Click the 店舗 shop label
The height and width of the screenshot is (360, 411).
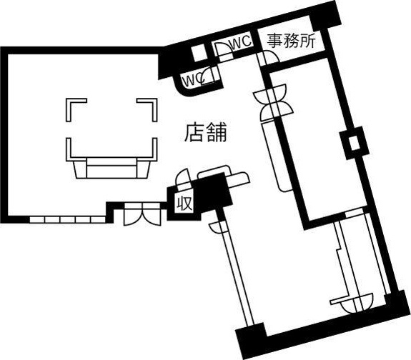click(x=206, y=133)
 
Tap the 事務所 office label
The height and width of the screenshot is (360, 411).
click(x=292, y=41)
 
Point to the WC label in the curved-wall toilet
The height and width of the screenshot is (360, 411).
click(x=194, y=79)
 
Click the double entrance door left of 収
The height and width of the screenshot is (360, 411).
click(x=142, y=214)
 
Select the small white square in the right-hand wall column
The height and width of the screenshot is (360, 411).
click(x=355, y=143)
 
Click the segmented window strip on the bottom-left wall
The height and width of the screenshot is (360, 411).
click(x=68, y=219)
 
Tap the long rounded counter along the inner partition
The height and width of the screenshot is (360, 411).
click(x=277, y=156)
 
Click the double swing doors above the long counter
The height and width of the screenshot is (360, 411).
click(x=272, y=102)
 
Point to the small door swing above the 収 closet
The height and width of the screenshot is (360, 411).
click(x=182, y=180)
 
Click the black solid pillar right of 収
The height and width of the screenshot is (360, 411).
click(x=214, y=193)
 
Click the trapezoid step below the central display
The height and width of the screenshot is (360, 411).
click(x=112, y=170)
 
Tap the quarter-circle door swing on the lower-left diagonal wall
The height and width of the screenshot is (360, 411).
click(x=217, y=227)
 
